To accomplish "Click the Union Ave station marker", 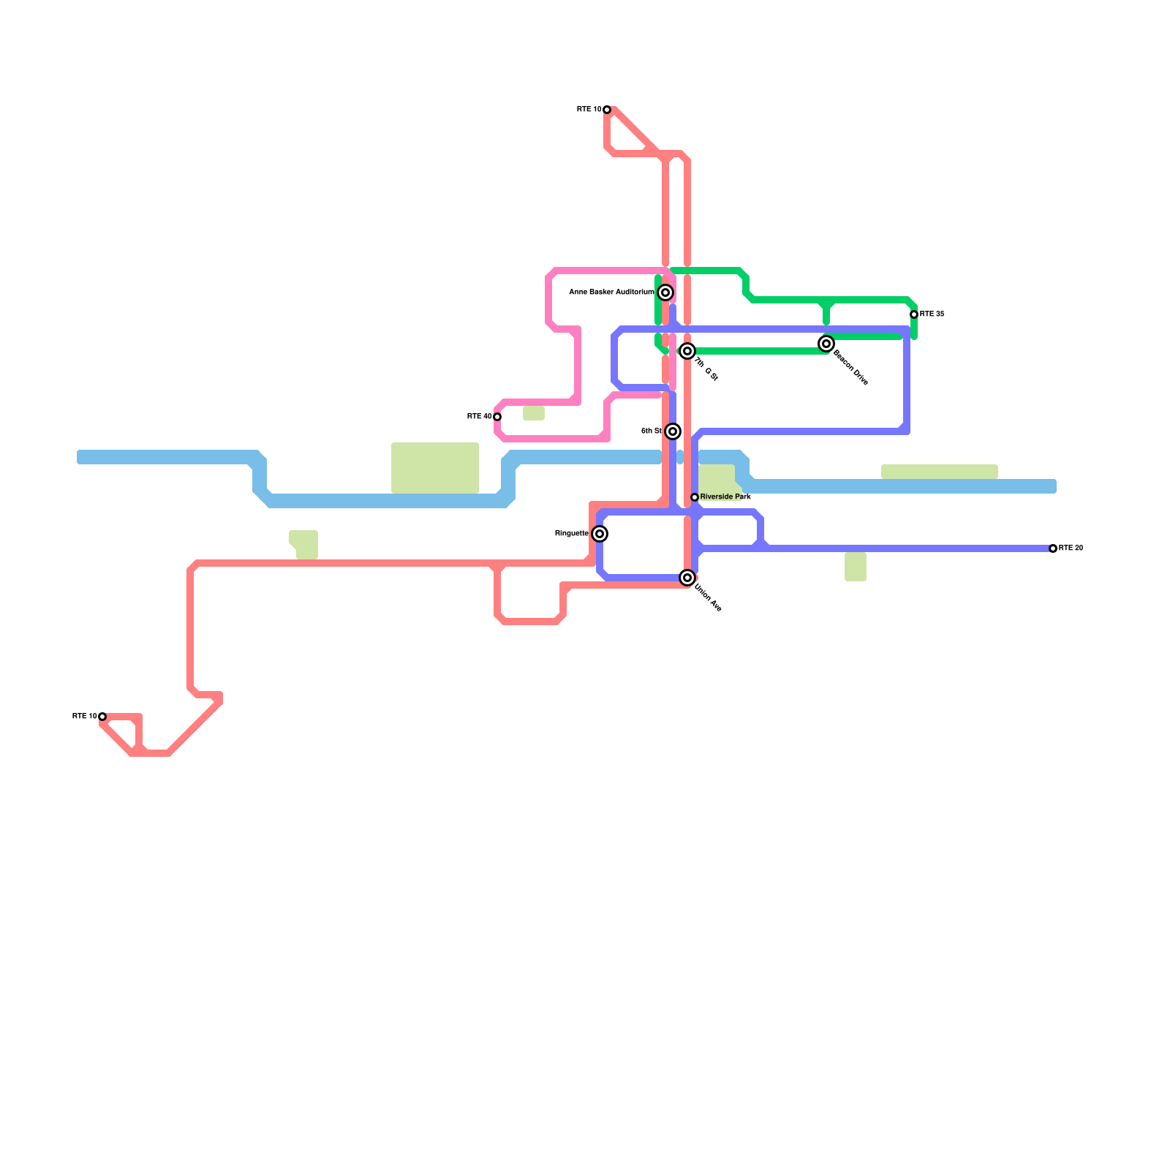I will (687, 578).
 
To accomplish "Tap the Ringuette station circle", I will (600, 534).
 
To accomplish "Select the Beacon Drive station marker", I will (826, 344).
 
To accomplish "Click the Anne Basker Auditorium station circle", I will (665, 292).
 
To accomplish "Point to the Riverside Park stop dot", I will (695, 497).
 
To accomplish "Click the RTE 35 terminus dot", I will (914, 314).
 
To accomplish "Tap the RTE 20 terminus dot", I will (1053, 548).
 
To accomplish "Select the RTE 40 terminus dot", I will (497, 417).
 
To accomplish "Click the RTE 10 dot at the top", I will (607, 110).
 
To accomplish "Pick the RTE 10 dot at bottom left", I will (102, 717).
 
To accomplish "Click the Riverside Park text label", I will (725, 497).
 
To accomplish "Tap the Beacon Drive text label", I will (850, 368).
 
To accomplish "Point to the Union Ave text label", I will (708, 597).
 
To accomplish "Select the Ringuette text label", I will (572, 534).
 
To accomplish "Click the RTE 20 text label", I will (1071, 548).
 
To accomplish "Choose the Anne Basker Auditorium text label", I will (611, 292).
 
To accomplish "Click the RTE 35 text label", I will (932, 314).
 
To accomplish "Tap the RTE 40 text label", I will (479, 417).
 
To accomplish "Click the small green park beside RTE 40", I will (534, 414).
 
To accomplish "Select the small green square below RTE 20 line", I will (856, 567).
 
